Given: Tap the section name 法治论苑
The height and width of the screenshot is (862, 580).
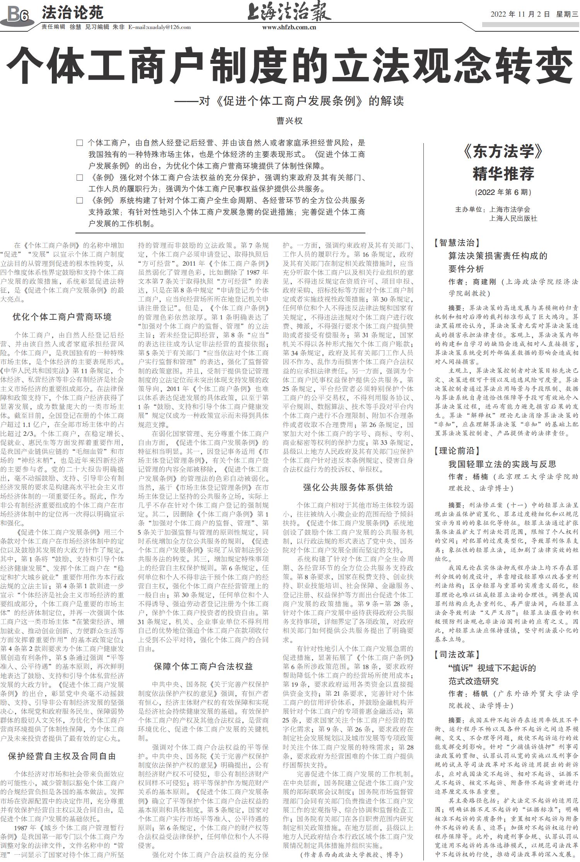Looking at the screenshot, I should pyautogui.click(x=72, y=13).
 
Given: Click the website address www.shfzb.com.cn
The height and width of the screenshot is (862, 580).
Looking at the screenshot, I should pyautogui.click(x=289, y=27).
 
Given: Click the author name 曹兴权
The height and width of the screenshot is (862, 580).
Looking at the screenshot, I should pyautogui.click(x=290, y=121).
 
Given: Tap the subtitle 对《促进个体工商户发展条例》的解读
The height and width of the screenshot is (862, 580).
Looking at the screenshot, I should pyautogui.click(x=301, y=101).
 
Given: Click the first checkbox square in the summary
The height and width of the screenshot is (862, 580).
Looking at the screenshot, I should pyautogui.click(x=80, y=143).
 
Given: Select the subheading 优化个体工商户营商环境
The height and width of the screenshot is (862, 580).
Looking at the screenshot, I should pyautogui.click(x=62, y=317).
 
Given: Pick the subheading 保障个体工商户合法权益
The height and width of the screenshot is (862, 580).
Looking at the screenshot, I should pyautogui.click(x=203, y=666).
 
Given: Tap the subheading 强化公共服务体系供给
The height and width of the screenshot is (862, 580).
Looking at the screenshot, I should pyautogui.click(x=348, y=487).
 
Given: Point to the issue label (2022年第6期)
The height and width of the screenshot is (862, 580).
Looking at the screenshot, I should pyautogui.click(x=503, y=192).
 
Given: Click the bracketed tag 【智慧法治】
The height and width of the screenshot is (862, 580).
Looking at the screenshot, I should pyautogui.click(x=457, y=243).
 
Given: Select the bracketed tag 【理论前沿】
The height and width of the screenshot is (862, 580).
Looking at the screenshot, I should pyautogui.click(x=457, y=451).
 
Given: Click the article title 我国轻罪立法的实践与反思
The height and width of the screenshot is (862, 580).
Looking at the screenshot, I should pyautogui.click(x=502, y=464).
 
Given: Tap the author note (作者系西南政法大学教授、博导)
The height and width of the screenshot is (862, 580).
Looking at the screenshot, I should pyautogui.click(x=351, y=854).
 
